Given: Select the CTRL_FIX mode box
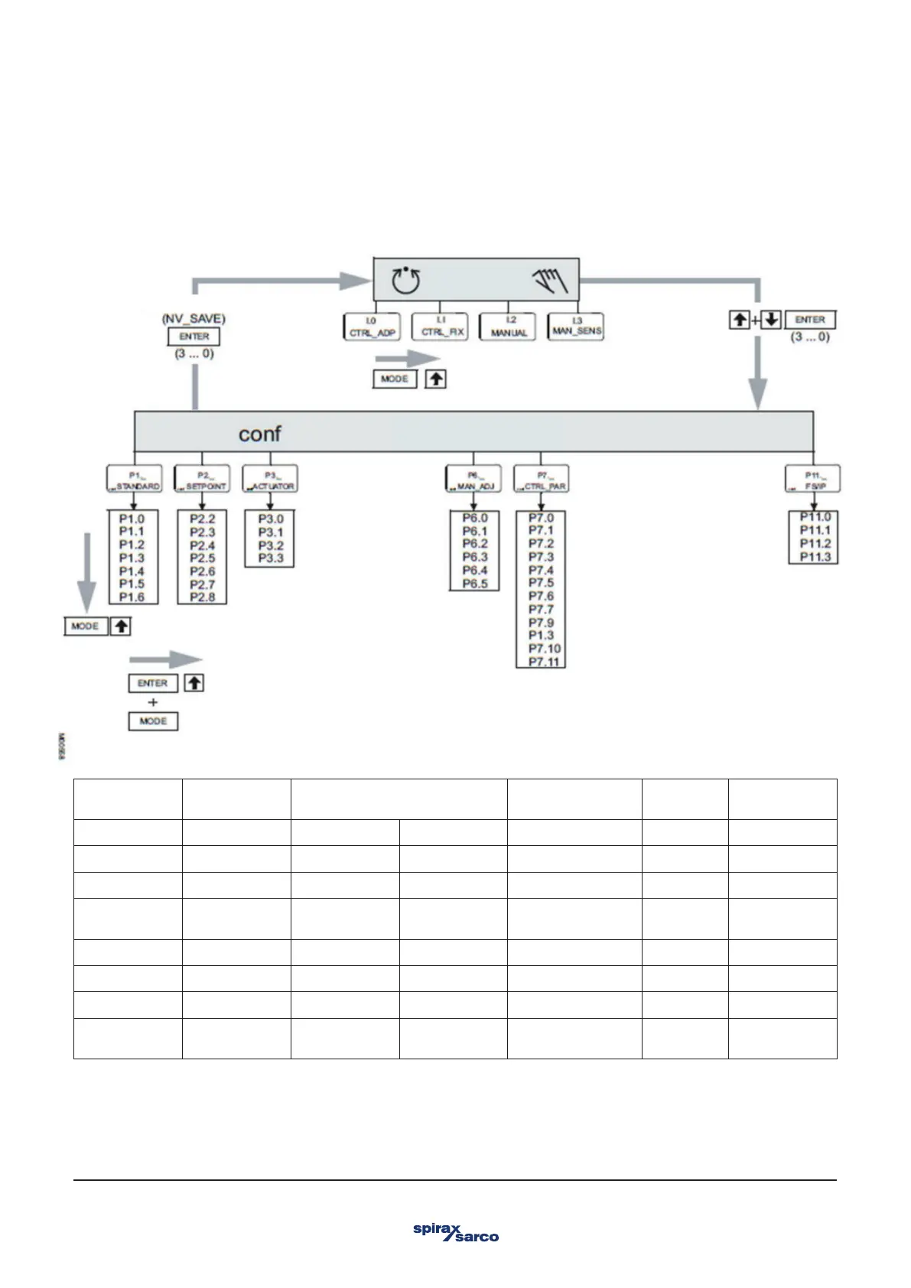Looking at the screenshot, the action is [x=439, y=327].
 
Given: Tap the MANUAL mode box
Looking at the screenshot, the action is [x=509, y=327].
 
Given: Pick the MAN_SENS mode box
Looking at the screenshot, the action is [x=577, y=327].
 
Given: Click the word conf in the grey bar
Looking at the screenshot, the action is [x=259, y=434].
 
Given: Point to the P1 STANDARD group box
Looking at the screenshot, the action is [x=134, y=480].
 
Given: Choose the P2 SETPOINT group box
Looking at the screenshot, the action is [x=202, y=480].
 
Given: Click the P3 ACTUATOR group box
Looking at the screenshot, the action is [x=270, y=480].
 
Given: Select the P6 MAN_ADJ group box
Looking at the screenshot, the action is [x=473, y=480].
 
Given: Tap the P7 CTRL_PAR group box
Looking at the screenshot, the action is [x=541, y=480].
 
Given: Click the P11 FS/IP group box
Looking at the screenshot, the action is [x=812, y=480].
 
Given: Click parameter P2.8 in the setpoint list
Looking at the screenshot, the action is [x=202, y=597].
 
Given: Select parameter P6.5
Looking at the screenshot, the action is [x=474, y=584].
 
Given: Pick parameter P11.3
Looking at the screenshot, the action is [x=815, y=557].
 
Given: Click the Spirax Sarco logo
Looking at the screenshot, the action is [x=455, y=1231].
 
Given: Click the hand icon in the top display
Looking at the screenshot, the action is [x=551, y=281].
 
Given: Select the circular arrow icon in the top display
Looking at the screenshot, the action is [x=406, y=281].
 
